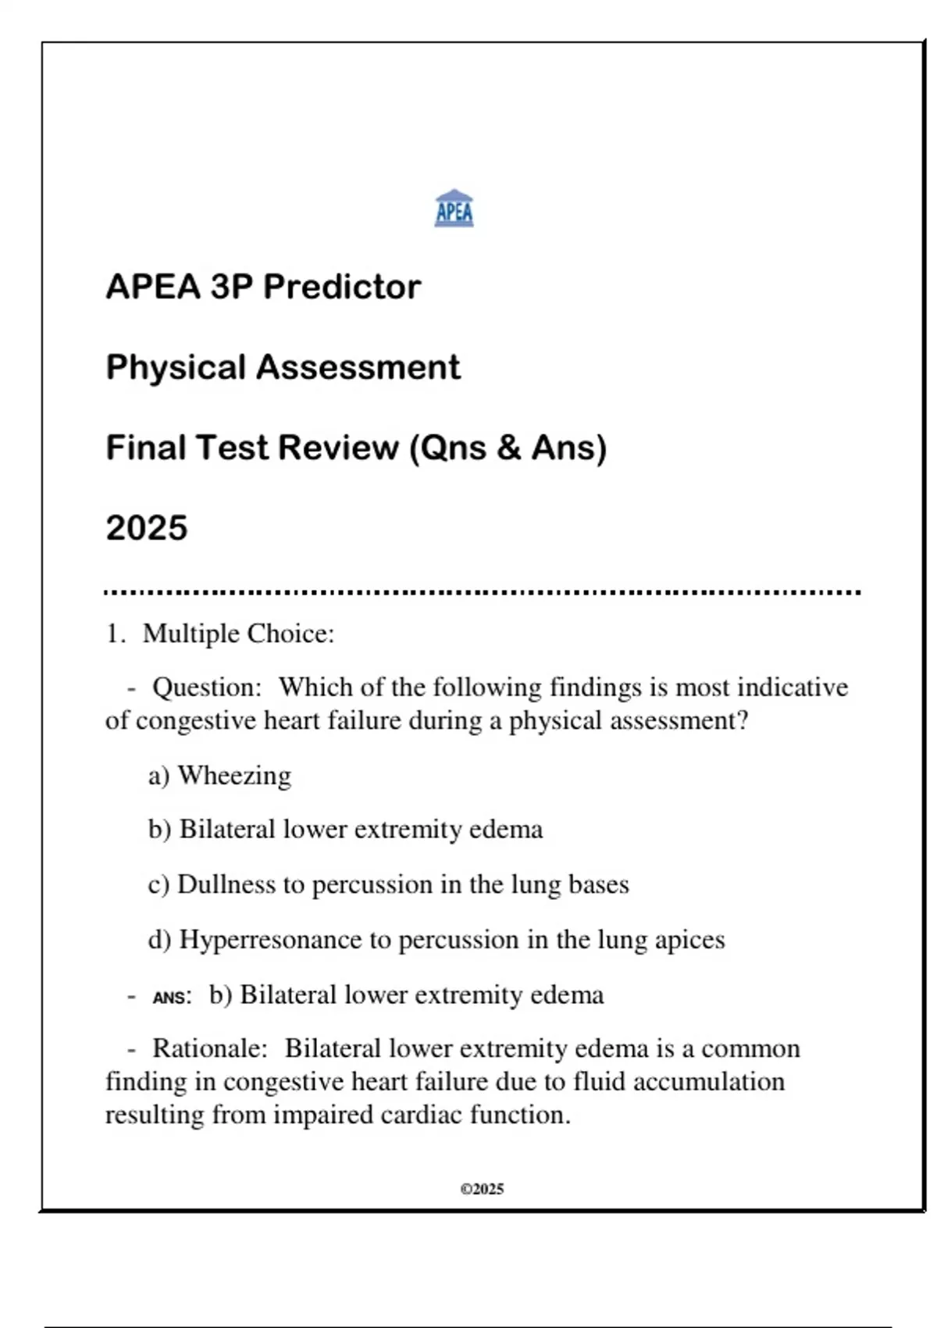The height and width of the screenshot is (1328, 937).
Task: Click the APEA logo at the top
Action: (x=454, y=209)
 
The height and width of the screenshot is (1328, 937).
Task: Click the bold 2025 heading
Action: (x=147, y=528)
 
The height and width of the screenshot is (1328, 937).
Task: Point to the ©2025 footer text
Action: (x=482, y=1189)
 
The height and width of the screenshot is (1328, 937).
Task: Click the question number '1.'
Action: (x=116, y=634)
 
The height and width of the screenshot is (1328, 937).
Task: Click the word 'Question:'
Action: (x=207, y=687)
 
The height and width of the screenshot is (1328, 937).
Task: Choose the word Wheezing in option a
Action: (x=234, y=775)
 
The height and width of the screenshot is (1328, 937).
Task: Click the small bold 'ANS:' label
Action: (x=172, y=998)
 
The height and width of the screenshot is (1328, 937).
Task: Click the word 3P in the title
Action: (x=231, y=287)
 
